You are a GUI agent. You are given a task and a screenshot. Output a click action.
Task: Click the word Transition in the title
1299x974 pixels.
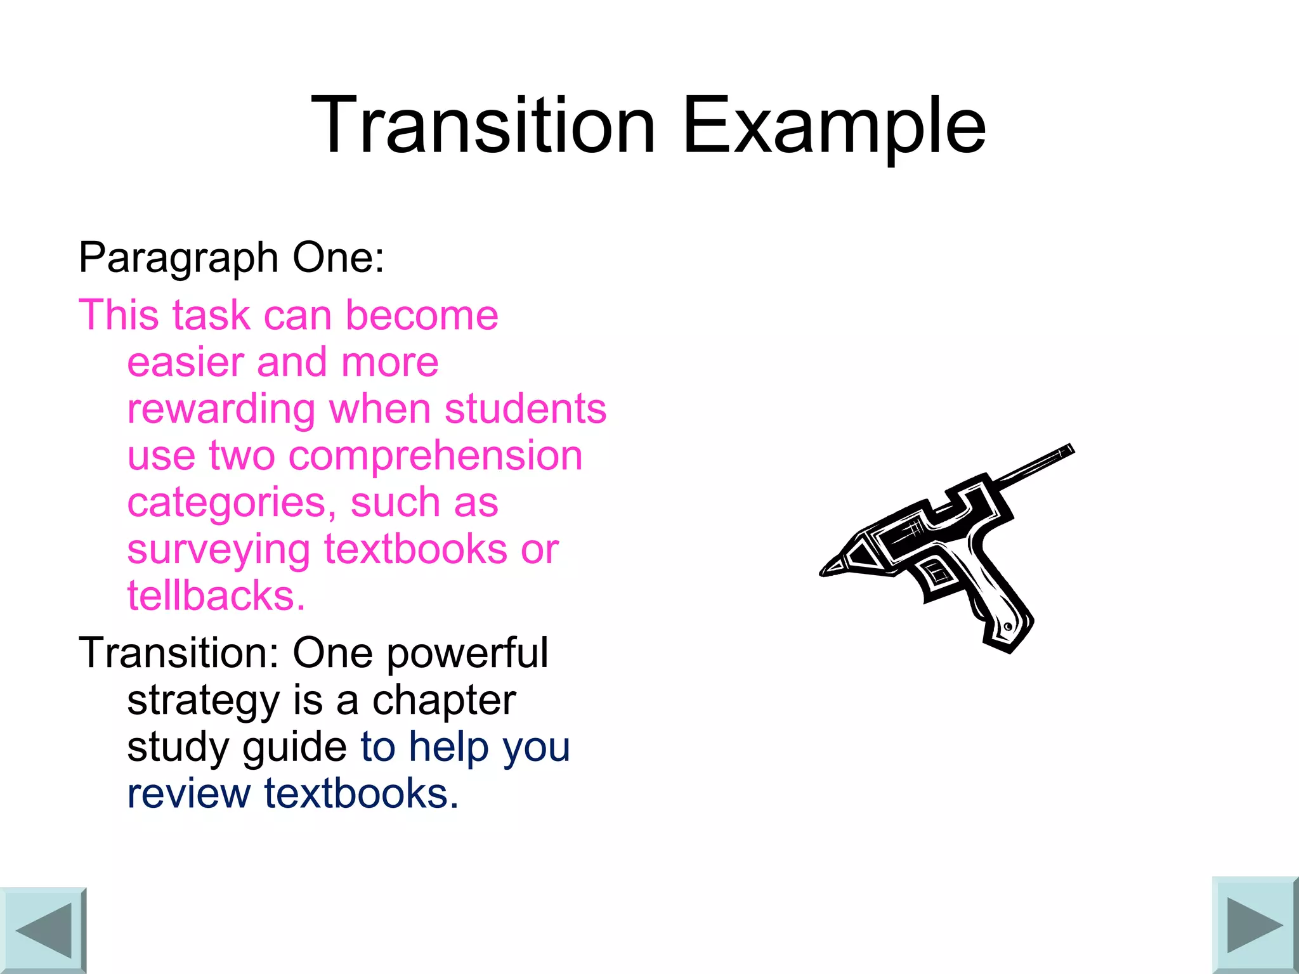pyautogui.click(x=482, y=125)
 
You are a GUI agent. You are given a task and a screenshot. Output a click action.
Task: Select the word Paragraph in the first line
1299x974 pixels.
pyautogui.click(x=178, y=259)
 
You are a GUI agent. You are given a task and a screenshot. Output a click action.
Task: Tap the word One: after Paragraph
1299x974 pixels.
pyautogui.click(x=338, y=257)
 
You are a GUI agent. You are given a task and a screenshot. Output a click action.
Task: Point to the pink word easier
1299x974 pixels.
pyautogui.click(x=185, y=362)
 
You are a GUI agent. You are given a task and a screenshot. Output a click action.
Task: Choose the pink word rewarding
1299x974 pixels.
pyautogui.click(x=221, y=410)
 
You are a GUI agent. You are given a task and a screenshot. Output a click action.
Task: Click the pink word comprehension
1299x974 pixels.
pyautogui.click(x=435, y=456)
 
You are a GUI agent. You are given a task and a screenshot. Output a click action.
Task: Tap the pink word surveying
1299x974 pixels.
pyautogui.click(x=218, y=550)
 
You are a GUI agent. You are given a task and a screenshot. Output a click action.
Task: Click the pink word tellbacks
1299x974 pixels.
pyautogui.click(x=216, y=595)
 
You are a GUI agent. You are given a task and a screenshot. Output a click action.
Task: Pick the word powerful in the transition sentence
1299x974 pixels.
pyautogui.click(x=467, y=653)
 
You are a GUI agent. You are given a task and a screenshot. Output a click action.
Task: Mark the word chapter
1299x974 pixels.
pyautogui.click(x=444, y=700)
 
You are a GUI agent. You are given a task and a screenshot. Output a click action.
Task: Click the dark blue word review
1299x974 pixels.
pyautogui.click(x=189, y=794)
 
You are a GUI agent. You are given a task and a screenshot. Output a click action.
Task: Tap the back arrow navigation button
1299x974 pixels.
pyautogui.click(x=42, y=930)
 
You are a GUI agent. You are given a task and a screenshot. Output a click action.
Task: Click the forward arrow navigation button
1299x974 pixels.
pyautogui.click(x=1255, y=925)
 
